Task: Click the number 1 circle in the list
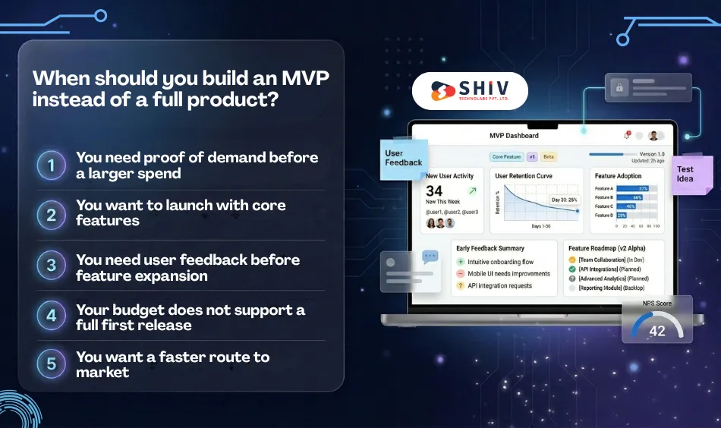(52, 165)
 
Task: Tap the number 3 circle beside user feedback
(52, 266)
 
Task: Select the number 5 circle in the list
(52, 363)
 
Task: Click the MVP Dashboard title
(514, 136)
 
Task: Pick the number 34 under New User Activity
(434, 191)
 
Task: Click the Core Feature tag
(506, 157)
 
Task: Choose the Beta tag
(549, 157)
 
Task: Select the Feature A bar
(631, 188)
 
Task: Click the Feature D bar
(622, 216)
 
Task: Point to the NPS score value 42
(656, 331)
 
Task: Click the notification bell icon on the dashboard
(626, 136)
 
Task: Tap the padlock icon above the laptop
(619, 88)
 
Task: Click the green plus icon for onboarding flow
(460, 262)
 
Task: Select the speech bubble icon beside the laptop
(430, 257)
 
